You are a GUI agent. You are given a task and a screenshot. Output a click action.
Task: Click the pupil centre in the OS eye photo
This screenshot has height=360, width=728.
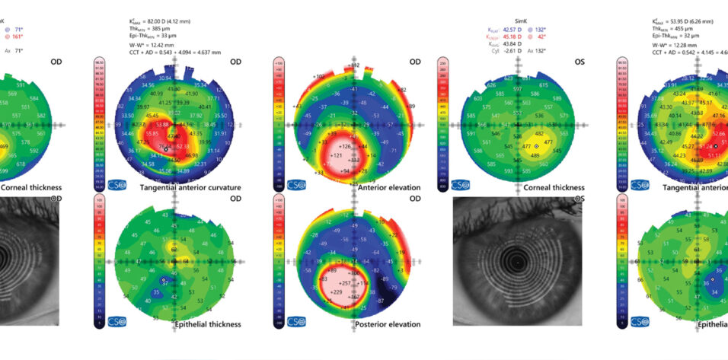click(x=516, y=263)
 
